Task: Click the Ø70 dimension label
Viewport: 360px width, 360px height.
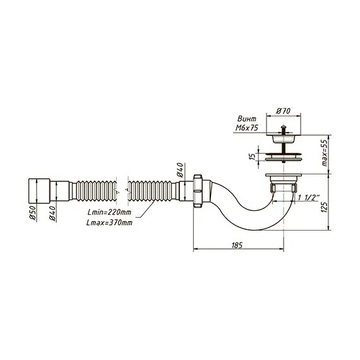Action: click(x=283, y=111)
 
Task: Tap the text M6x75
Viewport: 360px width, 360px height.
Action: click(x=247, y=128)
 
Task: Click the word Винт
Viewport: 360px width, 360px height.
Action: click(x=247, y=119)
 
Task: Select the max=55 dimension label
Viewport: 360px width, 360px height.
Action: click(x=325, y=153)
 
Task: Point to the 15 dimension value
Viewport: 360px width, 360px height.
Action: click(x=252, y=157)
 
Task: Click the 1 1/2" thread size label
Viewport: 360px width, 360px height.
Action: click(x=309, y=198)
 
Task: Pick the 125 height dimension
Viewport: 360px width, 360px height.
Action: click(x=324, y=207)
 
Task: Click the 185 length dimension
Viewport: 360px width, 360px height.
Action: click(x=237, y=246)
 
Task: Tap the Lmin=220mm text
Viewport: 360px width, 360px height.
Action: click(x=109, y=212)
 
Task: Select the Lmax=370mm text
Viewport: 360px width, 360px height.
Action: click(x=109, y=222)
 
